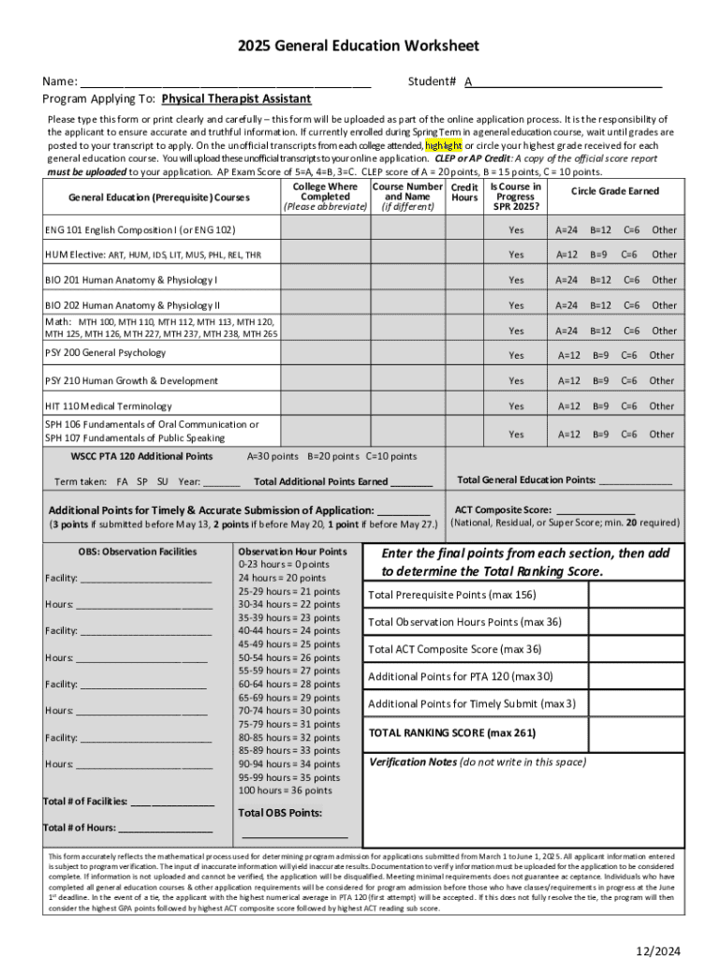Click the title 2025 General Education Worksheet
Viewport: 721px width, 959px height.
click(x=358, y=46)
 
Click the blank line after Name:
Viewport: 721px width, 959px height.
click(x=225, y=82)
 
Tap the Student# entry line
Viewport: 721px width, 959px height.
click(x=566, y=82)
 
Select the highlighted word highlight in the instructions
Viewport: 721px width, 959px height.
click(x=443, y=146)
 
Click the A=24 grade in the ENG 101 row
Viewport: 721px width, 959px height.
click(x=566, y=229)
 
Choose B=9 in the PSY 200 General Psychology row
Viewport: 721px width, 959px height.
click(x=600, y=355)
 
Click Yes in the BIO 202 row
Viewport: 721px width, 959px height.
click(x=516, y=305)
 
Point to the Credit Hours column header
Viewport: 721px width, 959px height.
click(x=463, y=192)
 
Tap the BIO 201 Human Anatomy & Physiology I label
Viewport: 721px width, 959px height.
click(x=131, y=280)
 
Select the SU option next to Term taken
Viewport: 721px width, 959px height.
click(x=162, y=481)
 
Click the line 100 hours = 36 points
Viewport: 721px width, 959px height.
click(x=286, y=790)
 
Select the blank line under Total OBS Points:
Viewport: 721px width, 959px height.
click(x=295, y=834)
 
